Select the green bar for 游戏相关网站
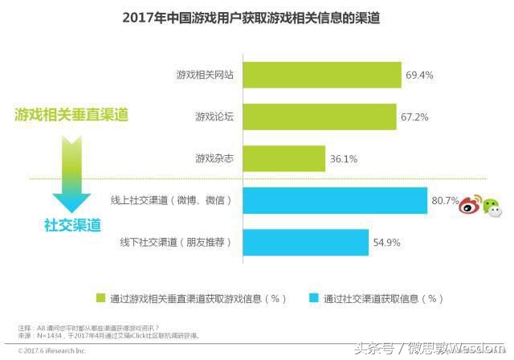point(322,75)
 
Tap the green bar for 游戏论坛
point(320,117)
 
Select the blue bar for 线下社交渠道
point(306,242)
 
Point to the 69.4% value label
point(419,76)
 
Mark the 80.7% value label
point(443,200)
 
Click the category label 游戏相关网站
point(205,76)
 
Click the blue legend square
point(313,298)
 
